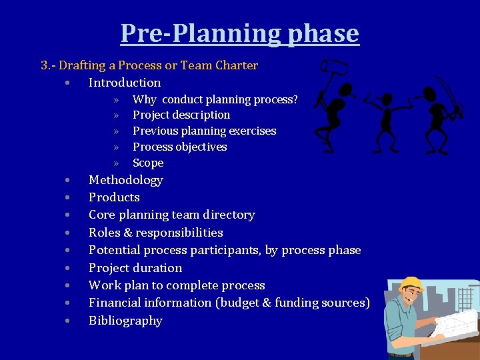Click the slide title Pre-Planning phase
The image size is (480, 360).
(239, 33)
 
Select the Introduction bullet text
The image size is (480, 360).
(125, 83)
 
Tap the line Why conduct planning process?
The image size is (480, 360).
(215, 99)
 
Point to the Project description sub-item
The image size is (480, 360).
(181, 115)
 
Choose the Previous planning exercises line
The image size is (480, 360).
(204, 131)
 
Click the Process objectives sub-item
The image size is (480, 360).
(179, 147)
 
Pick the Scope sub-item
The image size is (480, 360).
(148, 163)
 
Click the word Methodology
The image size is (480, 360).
(125, 180)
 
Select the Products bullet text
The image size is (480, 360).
(114, 197)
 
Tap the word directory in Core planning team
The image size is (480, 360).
(230, 215)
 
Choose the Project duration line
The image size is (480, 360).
(135, 268)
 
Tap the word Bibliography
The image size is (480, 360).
(125, 321)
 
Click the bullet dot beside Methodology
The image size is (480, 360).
(68, 181)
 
